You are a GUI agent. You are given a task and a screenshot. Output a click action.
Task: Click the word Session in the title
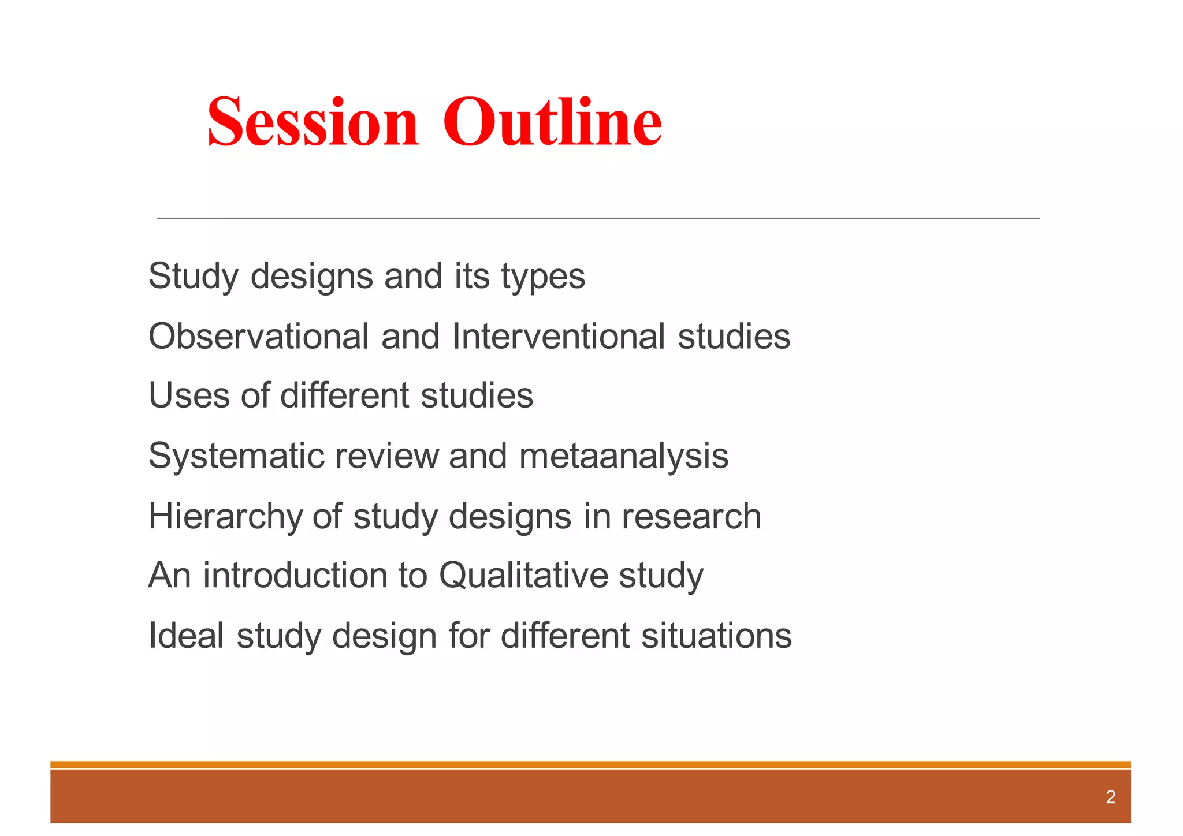[313, 122]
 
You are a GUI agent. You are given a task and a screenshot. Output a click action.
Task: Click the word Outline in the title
[552, 122]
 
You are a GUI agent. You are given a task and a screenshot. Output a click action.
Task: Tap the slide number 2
[1110, 797]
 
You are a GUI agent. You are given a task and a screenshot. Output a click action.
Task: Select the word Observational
[258, 336]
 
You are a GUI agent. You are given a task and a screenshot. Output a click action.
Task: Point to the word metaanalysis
[623, 456]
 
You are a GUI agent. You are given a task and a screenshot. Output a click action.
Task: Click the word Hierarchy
[225, 516]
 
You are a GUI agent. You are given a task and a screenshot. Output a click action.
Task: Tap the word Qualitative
[523, 576]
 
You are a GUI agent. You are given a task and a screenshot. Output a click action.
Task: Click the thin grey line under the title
[598, 218]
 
